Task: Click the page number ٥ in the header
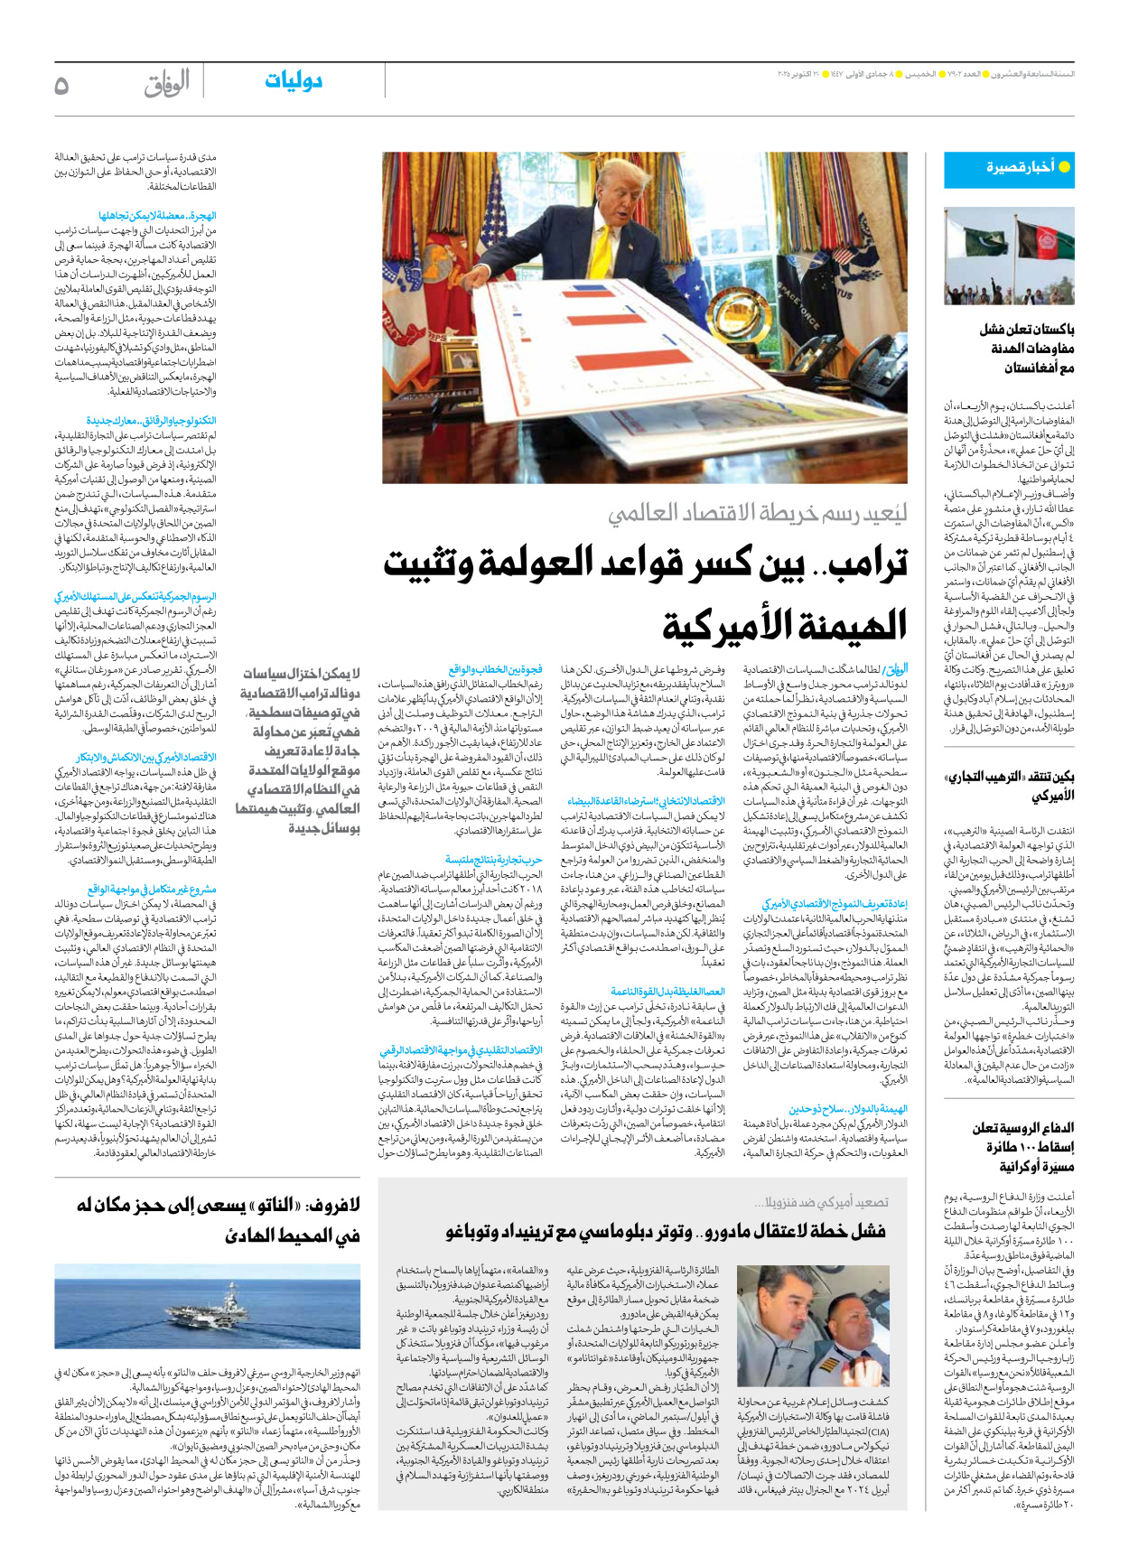tap(61, 85)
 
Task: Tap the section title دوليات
tap(294, 81)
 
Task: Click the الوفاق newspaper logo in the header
tap(167, 84)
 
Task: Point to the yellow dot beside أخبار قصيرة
tap(1064, 167)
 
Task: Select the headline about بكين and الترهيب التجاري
tap(1010, 787)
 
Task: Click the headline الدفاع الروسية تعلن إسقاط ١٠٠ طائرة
tap(1022, 1147)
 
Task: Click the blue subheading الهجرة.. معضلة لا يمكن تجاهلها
tap(157, 216)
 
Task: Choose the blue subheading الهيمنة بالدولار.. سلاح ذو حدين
tap(848, 1108)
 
